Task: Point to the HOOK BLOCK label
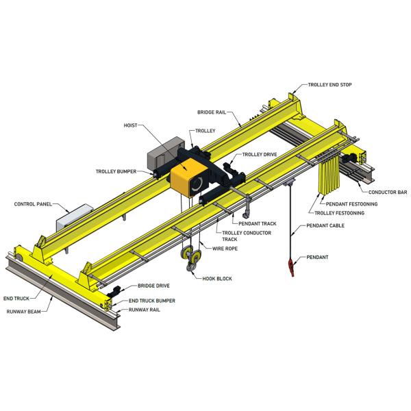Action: (218, 279)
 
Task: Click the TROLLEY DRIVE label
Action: (260, 155)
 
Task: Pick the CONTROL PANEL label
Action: (34, 203)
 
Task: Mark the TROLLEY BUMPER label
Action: (114, 171)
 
